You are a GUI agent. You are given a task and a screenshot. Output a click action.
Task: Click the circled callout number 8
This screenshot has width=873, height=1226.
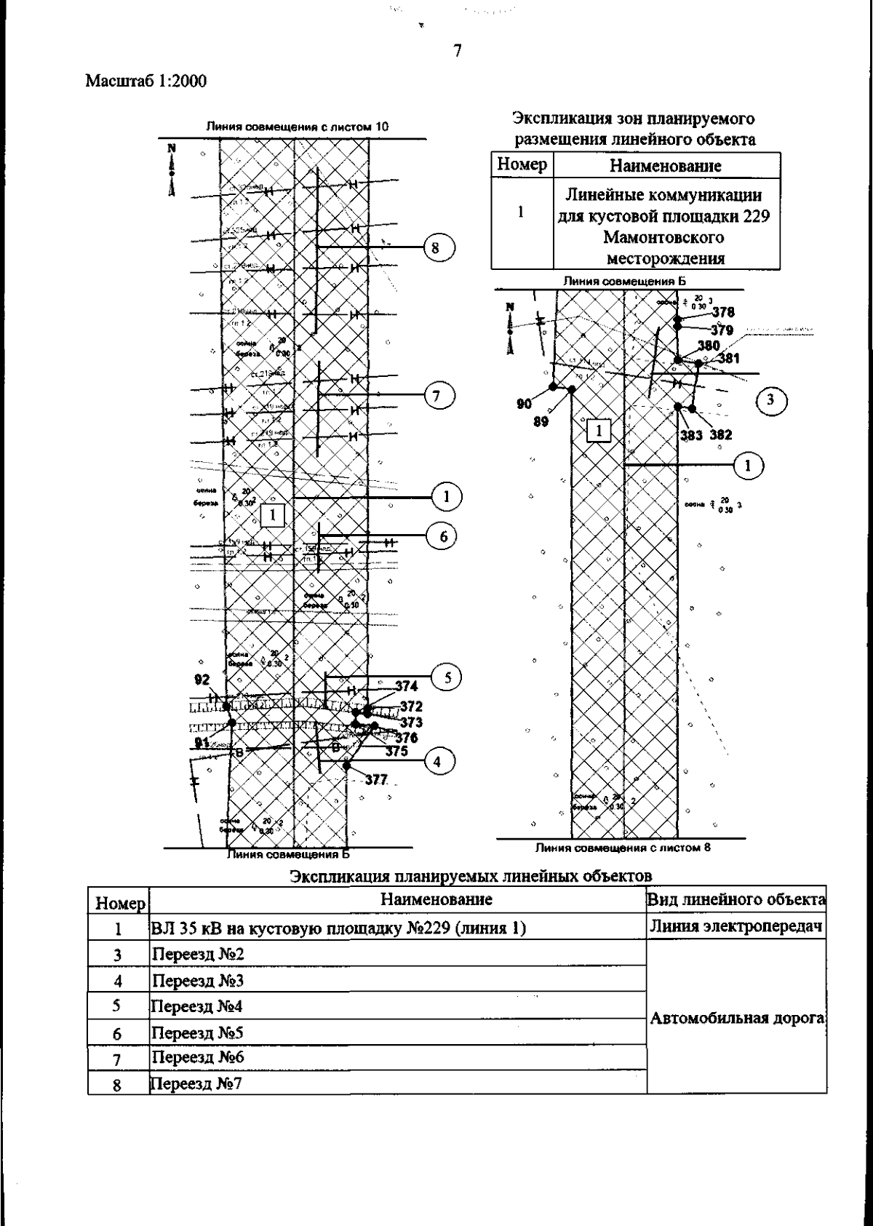(435, 247)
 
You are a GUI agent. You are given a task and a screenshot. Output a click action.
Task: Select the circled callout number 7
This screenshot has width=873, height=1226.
(435, 396)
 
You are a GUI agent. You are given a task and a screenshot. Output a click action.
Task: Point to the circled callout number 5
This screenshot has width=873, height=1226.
(447, 677)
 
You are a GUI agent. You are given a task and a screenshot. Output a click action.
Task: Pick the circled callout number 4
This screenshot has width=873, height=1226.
(436, 762)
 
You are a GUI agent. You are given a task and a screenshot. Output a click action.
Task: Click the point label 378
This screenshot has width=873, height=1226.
(723, 312)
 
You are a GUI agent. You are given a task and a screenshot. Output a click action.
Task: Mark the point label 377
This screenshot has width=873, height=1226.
(376, 780)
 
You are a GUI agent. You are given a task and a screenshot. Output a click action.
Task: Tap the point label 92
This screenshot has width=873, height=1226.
(202, 680)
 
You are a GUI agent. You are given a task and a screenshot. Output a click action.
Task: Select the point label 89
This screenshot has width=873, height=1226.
(541, 421)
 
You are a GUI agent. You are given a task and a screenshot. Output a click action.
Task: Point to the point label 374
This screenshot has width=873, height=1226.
(407, 686)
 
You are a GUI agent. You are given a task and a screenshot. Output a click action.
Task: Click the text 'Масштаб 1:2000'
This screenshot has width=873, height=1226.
(146, 81)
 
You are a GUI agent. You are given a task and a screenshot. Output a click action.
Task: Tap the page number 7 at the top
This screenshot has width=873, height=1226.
(457, 51)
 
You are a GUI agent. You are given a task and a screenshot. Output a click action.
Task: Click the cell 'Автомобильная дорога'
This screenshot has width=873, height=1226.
(737, 1018)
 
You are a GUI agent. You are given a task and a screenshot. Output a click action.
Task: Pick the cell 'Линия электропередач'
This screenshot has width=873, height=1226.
(737, 926)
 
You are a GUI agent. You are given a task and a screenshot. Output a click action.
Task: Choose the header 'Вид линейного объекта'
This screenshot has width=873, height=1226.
(736, 899)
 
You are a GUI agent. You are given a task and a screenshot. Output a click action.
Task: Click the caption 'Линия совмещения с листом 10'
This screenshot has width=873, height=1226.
(298, 127)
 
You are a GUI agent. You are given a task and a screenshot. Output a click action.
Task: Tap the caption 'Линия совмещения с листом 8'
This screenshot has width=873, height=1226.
(623, 847)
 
